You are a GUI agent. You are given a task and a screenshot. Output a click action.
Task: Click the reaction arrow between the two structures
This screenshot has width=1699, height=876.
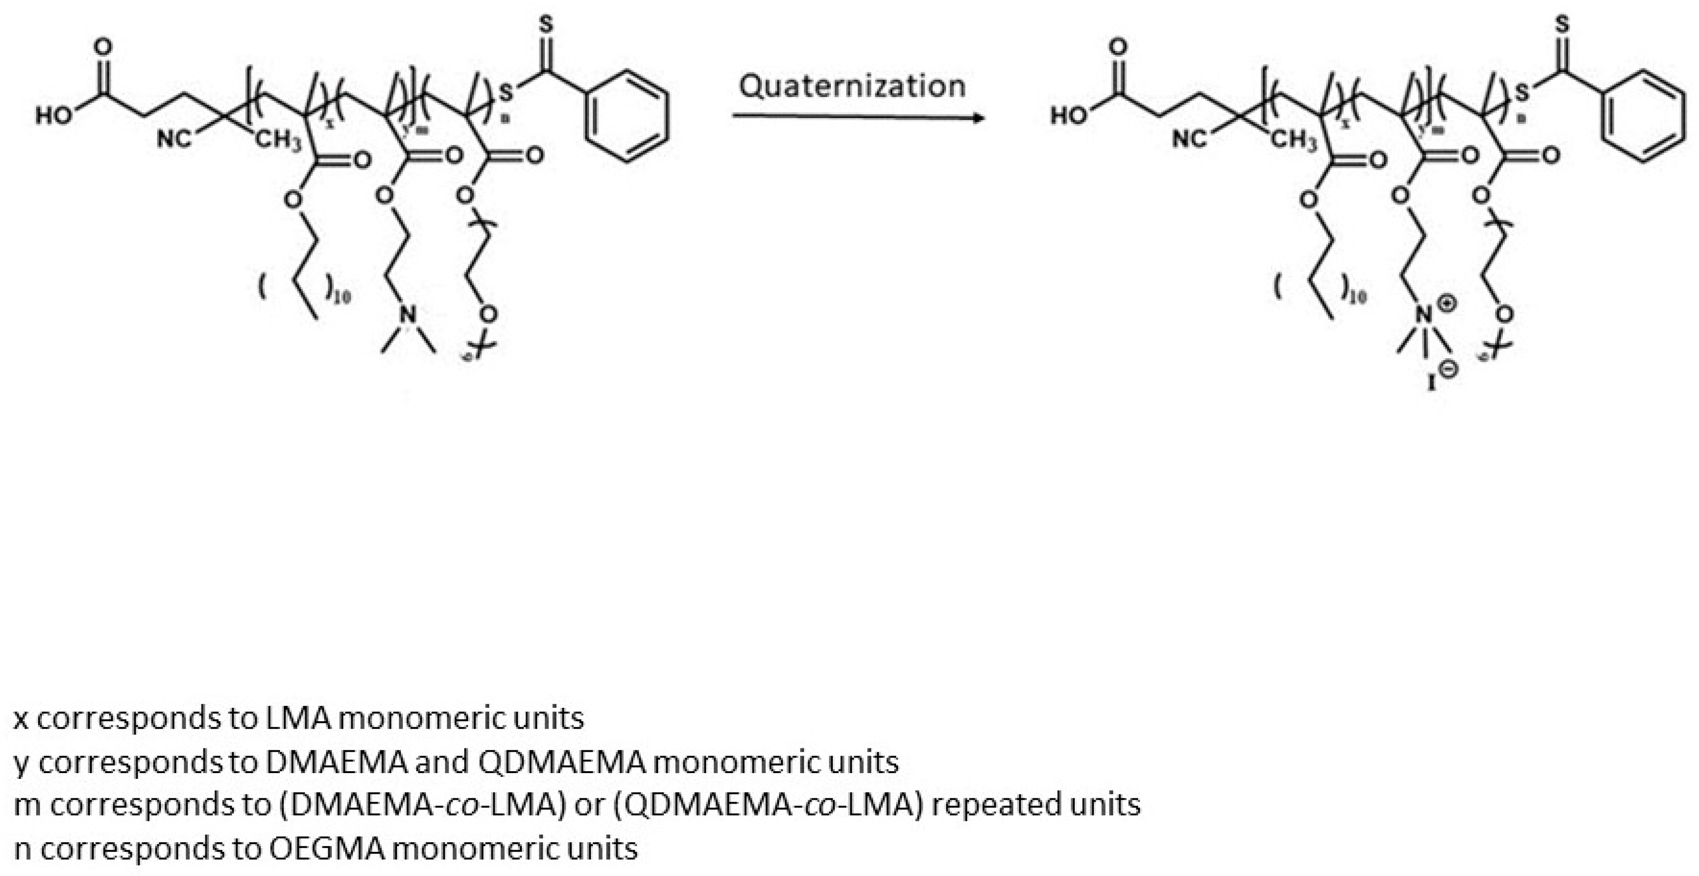[858, 117]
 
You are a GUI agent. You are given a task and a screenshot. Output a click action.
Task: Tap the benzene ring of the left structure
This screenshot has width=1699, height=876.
[627, 116]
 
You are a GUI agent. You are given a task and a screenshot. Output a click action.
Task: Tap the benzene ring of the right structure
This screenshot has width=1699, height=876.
[1642, 116]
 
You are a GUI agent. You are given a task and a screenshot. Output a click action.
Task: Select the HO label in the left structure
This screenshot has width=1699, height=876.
[54, 116]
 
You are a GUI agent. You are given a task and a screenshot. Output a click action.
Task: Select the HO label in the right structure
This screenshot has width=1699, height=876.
[1069, 116]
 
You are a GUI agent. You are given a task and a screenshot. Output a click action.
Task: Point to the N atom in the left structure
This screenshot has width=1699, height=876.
[408, 315]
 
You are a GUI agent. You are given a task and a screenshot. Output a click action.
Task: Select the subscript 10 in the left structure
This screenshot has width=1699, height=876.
[341, 297]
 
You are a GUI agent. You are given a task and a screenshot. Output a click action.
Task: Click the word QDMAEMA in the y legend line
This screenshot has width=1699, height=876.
[561, 762]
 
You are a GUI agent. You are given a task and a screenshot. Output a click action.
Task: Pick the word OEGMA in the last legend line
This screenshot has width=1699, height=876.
[327, 847]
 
